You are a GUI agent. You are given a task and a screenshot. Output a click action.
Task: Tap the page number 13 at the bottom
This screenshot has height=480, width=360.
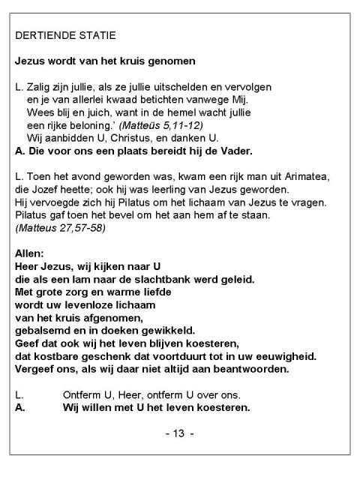pyautogui.click(x=179, y=434)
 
